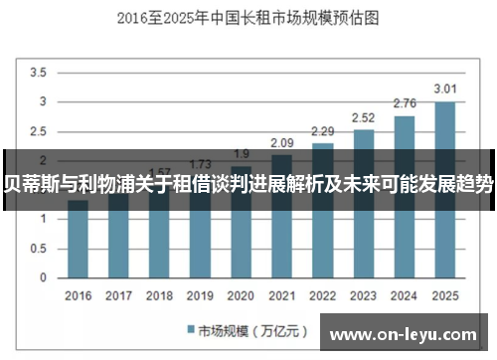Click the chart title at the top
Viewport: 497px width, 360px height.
pos(248,18)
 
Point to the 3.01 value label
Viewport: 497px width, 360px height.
pos(444,88)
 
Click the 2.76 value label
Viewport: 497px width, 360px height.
pos(404,102)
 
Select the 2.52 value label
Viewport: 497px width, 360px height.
pos(363,116)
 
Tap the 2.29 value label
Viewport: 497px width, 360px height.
pos(322,130)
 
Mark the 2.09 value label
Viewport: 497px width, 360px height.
pos(281,142)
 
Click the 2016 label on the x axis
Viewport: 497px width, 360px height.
pos(78,295)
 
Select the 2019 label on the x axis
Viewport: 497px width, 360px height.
pos(200,295)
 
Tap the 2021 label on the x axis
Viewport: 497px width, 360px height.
pos(281,295)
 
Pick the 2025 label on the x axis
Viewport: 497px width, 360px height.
pos(444,295)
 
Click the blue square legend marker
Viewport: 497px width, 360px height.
pos(190,329)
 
